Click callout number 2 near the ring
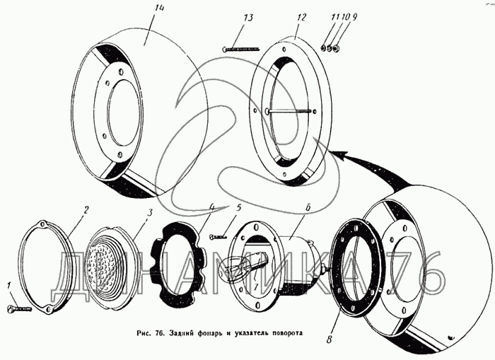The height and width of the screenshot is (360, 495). pos(85,210)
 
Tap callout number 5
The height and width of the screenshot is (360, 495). pos(239,208)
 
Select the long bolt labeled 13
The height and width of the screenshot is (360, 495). pos(244,49)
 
